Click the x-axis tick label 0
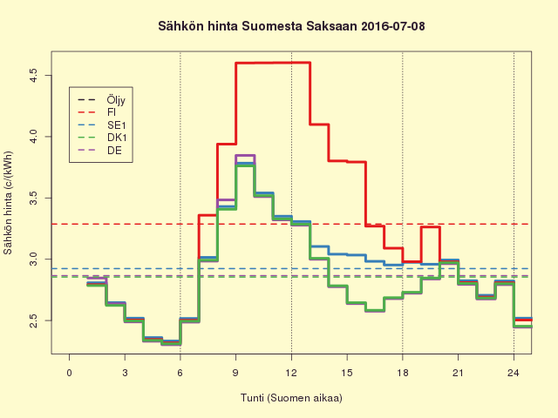[x=70, y=373]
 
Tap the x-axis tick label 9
[x=236, y=373]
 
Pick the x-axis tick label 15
[x=347, y=373]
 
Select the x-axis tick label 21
[x=458, y=373]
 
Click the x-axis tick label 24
[x=514, y=373]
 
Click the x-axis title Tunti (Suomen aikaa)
[x=291, y=398]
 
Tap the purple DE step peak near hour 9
[x=245, y=155]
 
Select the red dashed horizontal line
[x=392, y=224]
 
